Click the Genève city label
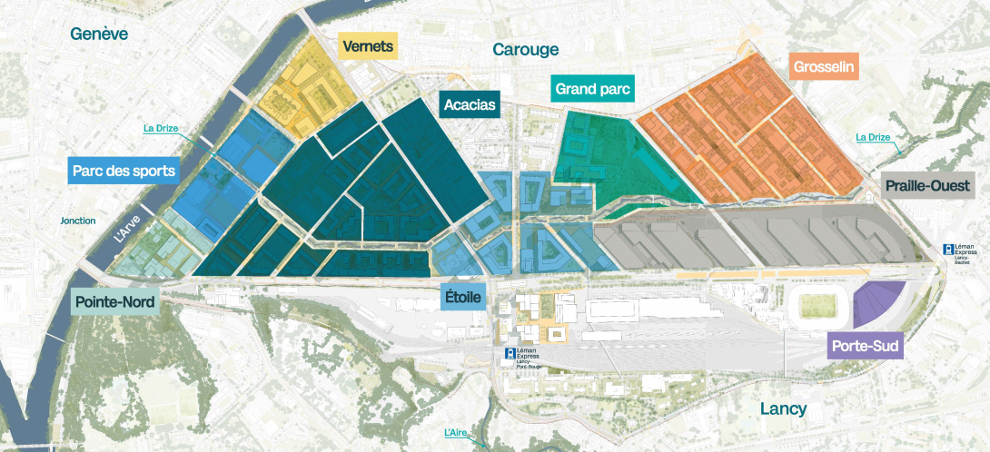(x=101, y=34)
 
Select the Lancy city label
(x=783, y=409)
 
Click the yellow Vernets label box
(x=369, y=46)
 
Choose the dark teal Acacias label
(x=470, y=104)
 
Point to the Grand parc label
(x=592, y=89)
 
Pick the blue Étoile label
(x=463, y=296)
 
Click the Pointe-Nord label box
(x=115, y=301)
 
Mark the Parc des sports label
(x=122, y=170)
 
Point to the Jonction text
(x=77, y=221)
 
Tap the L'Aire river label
(x=459, y=432)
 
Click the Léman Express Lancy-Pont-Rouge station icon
(x=510, y=352)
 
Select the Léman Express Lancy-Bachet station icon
(x=949, y=249)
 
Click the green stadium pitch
(x=816, y=307)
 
